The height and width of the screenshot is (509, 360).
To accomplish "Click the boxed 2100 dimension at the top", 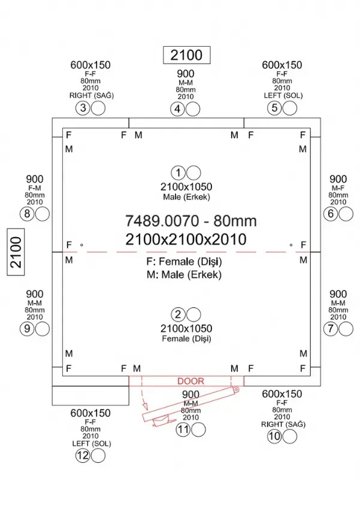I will click(x=186, y=55).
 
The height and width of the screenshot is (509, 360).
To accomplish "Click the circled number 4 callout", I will click(x=177, y=109).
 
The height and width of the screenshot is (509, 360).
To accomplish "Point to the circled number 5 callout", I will click(x=275, y=108).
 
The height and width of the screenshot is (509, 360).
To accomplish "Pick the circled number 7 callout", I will click(x=330, y=328).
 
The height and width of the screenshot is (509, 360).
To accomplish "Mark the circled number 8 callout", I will click(x=26, y=214).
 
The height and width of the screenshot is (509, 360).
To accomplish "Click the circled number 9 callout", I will click(x=26, y=328).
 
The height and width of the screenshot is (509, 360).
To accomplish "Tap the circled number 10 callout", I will click(x=274, y=436).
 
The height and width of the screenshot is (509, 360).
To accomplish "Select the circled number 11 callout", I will click(x=183, y=429).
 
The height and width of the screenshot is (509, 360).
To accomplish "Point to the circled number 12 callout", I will click(x=83, y=456).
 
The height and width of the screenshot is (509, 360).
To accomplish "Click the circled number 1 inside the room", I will click(x=178, y=173).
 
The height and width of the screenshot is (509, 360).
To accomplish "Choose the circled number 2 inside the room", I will click(x=178, y=314).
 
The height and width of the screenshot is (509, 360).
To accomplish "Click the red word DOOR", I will click(x=190, y=381).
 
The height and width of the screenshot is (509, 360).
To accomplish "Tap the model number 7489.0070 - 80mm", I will click(x=190, y=221).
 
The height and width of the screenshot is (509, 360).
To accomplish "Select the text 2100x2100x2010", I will click(x=186, y=240).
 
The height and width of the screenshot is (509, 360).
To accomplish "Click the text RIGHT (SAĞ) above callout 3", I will click(x=92, y=95).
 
